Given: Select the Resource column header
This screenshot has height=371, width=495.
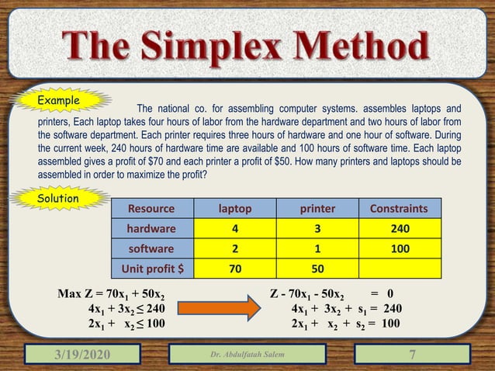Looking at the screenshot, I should (x=151, y=209).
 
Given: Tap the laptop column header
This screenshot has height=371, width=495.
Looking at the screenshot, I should (x=234, y=209).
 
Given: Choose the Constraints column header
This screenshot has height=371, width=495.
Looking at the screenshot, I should (x=399, y=209).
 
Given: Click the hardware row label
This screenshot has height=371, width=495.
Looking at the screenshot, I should (x=151, y=230).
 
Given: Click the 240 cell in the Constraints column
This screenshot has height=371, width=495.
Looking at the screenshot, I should (x=399, y=230).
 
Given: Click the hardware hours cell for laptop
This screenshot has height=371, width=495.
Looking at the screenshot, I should (x=234, y=230).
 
